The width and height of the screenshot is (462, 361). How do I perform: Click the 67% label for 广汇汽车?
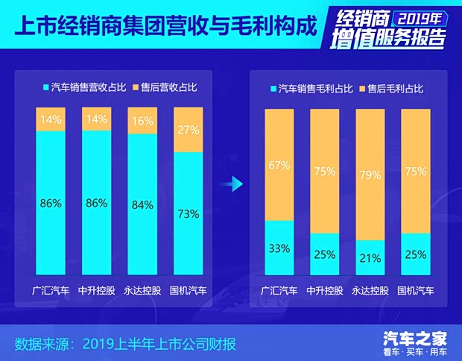280,166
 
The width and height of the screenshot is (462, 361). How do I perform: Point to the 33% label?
280,248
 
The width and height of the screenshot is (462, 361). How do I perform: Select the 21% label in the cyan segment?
370,259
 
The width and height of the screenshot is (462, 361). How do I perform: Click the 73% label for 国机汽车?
188,214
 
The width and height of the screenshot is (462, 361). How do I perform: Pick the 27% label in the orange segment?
188,129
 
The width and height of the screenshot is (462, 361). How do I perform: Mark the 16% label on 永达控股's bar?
142,121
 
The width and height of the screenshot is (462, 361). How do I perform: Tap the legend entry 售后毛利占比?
391,89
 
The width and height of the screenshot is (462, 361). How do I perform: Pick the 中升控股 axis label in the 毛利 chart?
325,290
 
